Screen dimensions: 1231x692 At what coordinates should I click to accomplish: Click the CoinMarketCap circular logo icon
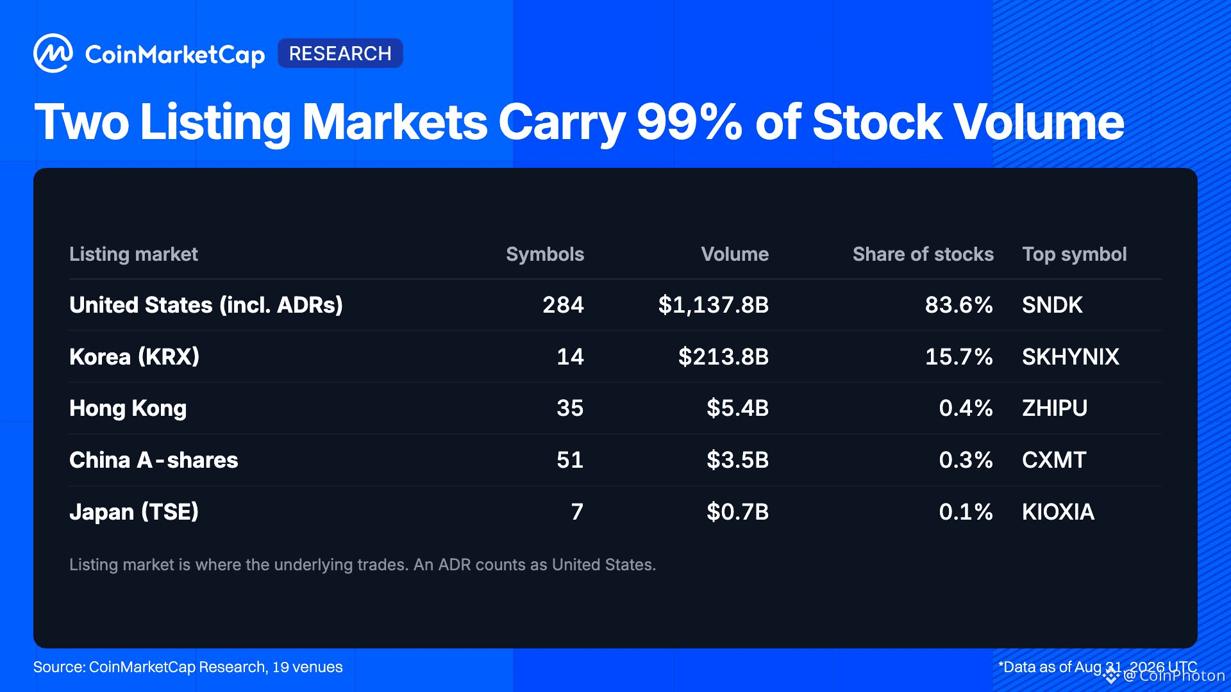click(x=53, y=53)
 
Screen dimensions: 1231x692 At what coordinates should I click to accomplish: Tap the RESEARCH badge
click(x=340, y=53)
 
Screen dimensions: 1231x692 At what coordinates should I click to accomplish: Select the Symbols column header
click(x=545, y=254)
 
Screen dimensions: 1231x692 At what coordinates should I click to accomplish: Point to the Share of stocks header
click(x=923, y=254)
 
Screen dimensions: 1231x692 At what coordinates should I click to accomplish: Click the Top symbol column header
click(x=1075, y=254)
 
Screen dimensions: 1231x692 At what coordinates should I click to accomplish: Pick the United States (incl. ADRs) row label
click(x=206, y=305)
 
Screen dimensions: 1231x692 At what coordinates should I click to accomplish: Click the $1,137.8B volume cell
click(x=714, y=305)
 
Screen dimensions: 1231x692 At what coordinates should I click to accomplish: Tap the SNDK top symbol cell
click(x=1052, y=305)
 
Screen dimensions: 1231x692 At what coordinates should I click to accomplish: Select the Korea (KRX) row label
click(x=135, y=357)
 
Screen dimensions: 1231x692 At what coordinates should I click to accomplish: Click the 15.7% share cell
click(x=959, y=357)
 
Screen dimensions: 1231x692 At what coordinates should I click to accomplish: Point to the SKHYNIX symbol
click(x=1071, y=357)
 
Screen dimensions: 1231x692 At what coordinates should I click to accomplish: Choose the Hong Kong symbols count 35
click(x=570, y=408)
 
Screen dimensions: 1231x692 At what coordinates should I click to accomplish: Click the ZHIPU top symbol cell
click(x=1055, y=408)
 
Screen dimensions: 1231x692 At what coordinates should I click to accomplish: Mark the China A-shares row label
click(x=154, y=460)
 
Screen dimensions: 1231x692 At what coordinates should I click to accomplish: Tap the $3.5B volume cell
click(x=738, y=460)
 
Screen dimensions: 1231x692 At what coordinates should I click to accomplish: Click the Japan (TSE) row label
click(x=134, y=512)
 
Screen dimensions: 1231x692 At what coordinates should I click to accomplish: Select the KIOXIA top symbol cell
click(x=1059, y=512)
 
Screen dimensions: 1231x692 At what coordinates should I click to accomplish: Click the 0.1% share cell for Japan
click(x=966, y=512)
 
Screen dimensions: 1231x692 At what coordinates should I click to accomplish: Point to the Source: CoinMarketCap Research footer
click(x=188, y=667)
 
